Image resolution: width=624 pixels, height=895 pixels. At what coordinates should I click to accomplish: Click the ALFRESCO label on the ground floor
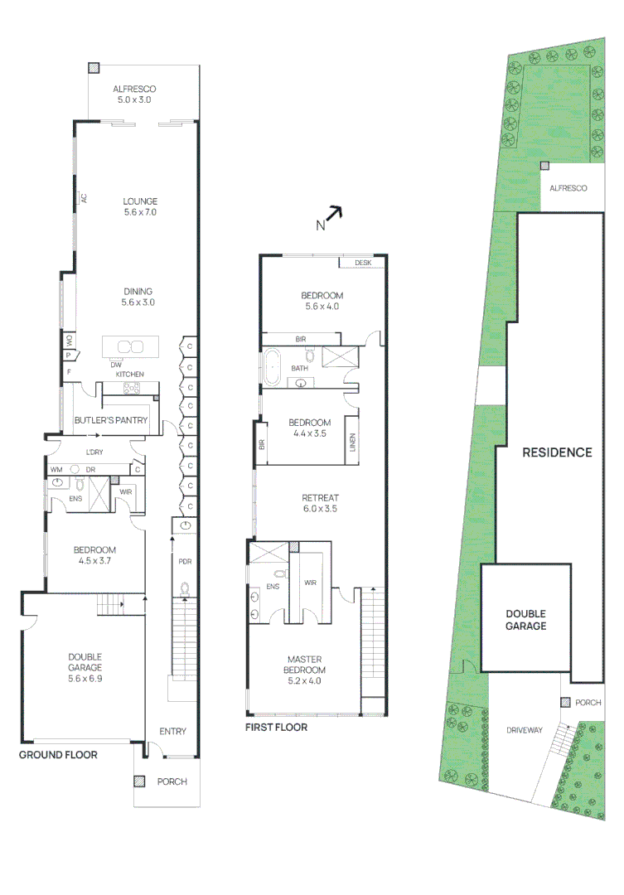tap(134, 89)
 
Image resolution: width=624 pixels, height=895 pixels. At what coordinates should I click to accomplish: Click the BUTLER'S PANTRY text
tap(111, 420)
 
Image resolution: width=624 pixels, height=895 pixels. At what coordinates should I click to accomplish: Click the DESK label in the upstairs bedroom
tap(363, 263)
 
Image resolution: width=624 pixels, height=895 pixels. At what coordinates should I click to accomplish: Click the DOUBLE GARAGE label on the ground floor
tap(85, 661)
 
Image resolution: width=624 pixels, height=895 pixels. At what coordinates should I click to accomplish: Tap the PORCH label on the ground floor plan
tap(172, 781)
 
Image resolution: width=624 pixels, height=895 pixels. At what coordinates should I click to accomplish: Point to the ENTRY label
tap(172, 732)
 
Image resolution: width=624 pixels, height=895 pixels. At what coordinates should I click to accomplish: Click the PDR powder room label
tap(185, 561)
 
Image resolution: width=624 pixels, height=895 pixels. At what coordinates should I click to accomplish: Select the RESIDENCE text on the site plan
tap(557, 452)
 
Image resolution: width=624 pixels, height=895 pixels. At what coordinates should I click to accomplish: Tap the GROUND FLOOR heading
tap(58, 755)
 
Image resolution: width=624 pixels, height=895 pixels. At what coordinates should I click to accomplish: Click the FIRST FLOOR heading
tap(276, 728)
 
